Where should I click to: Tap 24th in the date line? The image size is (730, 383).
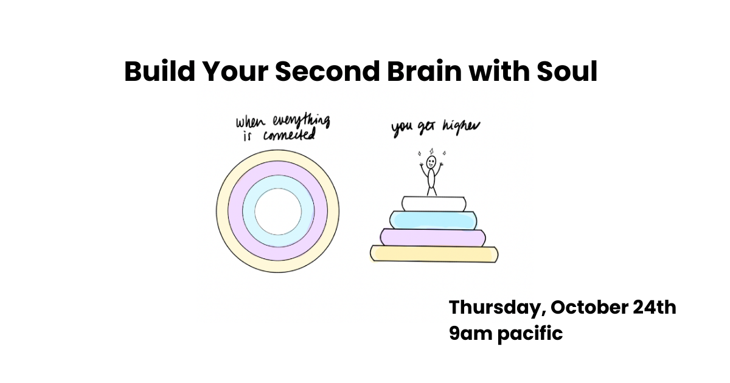(x=656, y=308)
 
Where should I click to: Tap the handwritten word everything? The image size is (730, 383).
(x=301, y=120)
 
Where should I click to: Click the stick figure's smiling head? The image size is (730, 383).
(x=431, y=162)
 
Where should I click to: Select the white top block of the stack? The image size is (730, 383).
(x=433, y=203)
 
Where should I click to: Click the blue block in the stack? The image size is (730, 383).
(x=434, y=219)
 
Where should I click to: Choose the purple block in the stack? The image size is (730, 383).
(x=433, y=236)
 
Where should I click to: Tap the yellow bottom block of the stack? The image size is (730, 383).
(x=434, y=254)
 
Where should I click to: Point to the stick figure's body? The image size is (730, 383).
(x=432, y=179)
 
